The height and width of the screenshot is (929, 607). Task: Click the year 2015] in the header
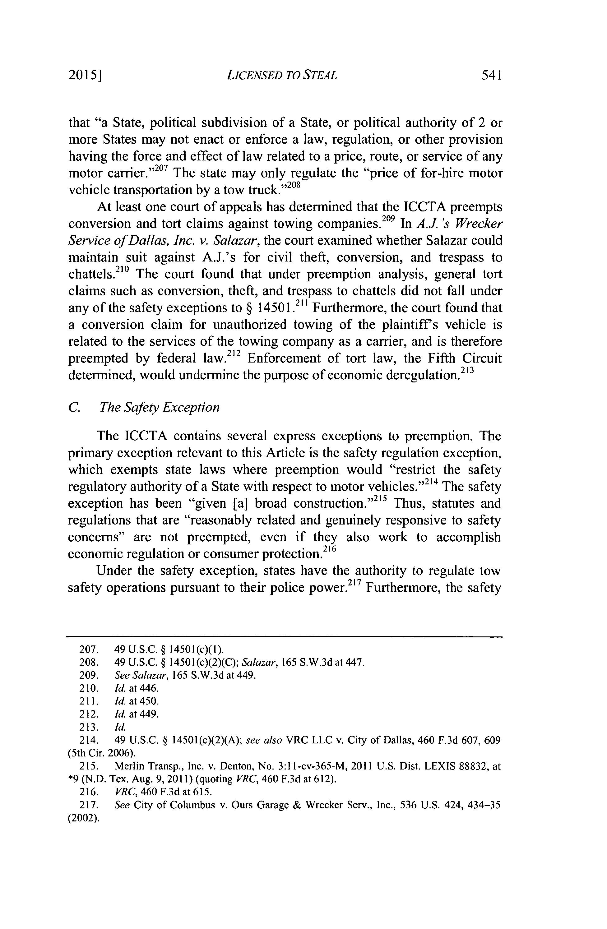coord(85,75)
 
